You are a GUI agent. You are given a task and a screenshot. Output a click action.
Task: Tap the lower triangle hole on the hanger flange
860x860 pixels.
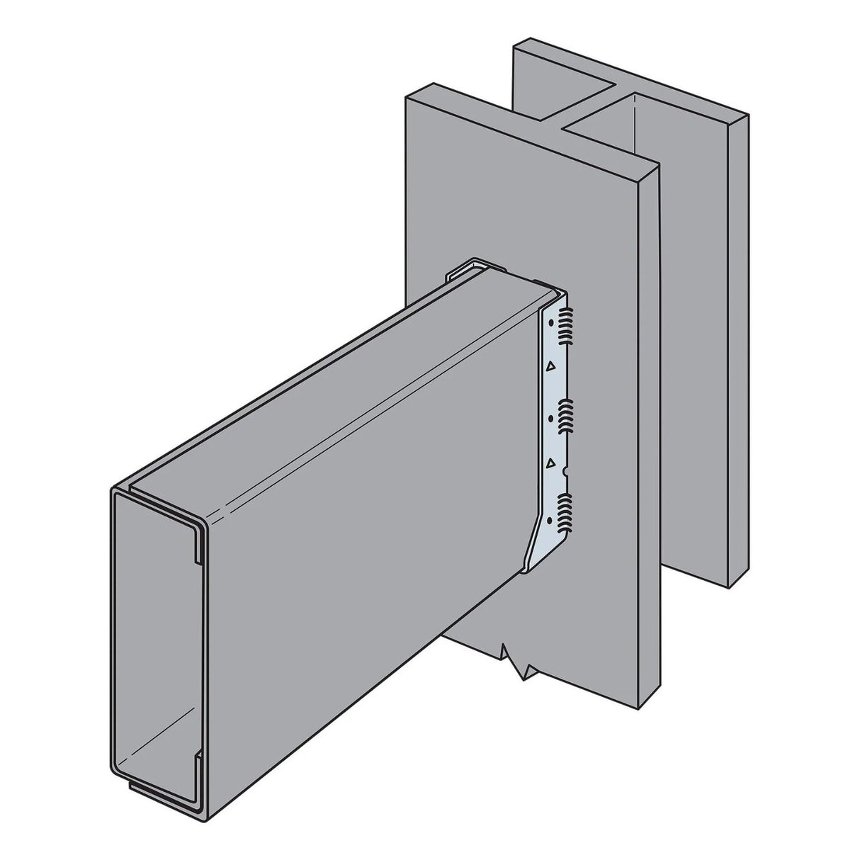(x=550, y=462)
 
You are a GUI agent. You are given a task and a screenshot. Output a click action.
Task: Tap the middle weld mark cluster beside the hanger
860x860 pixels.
(x=567, y=414)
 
